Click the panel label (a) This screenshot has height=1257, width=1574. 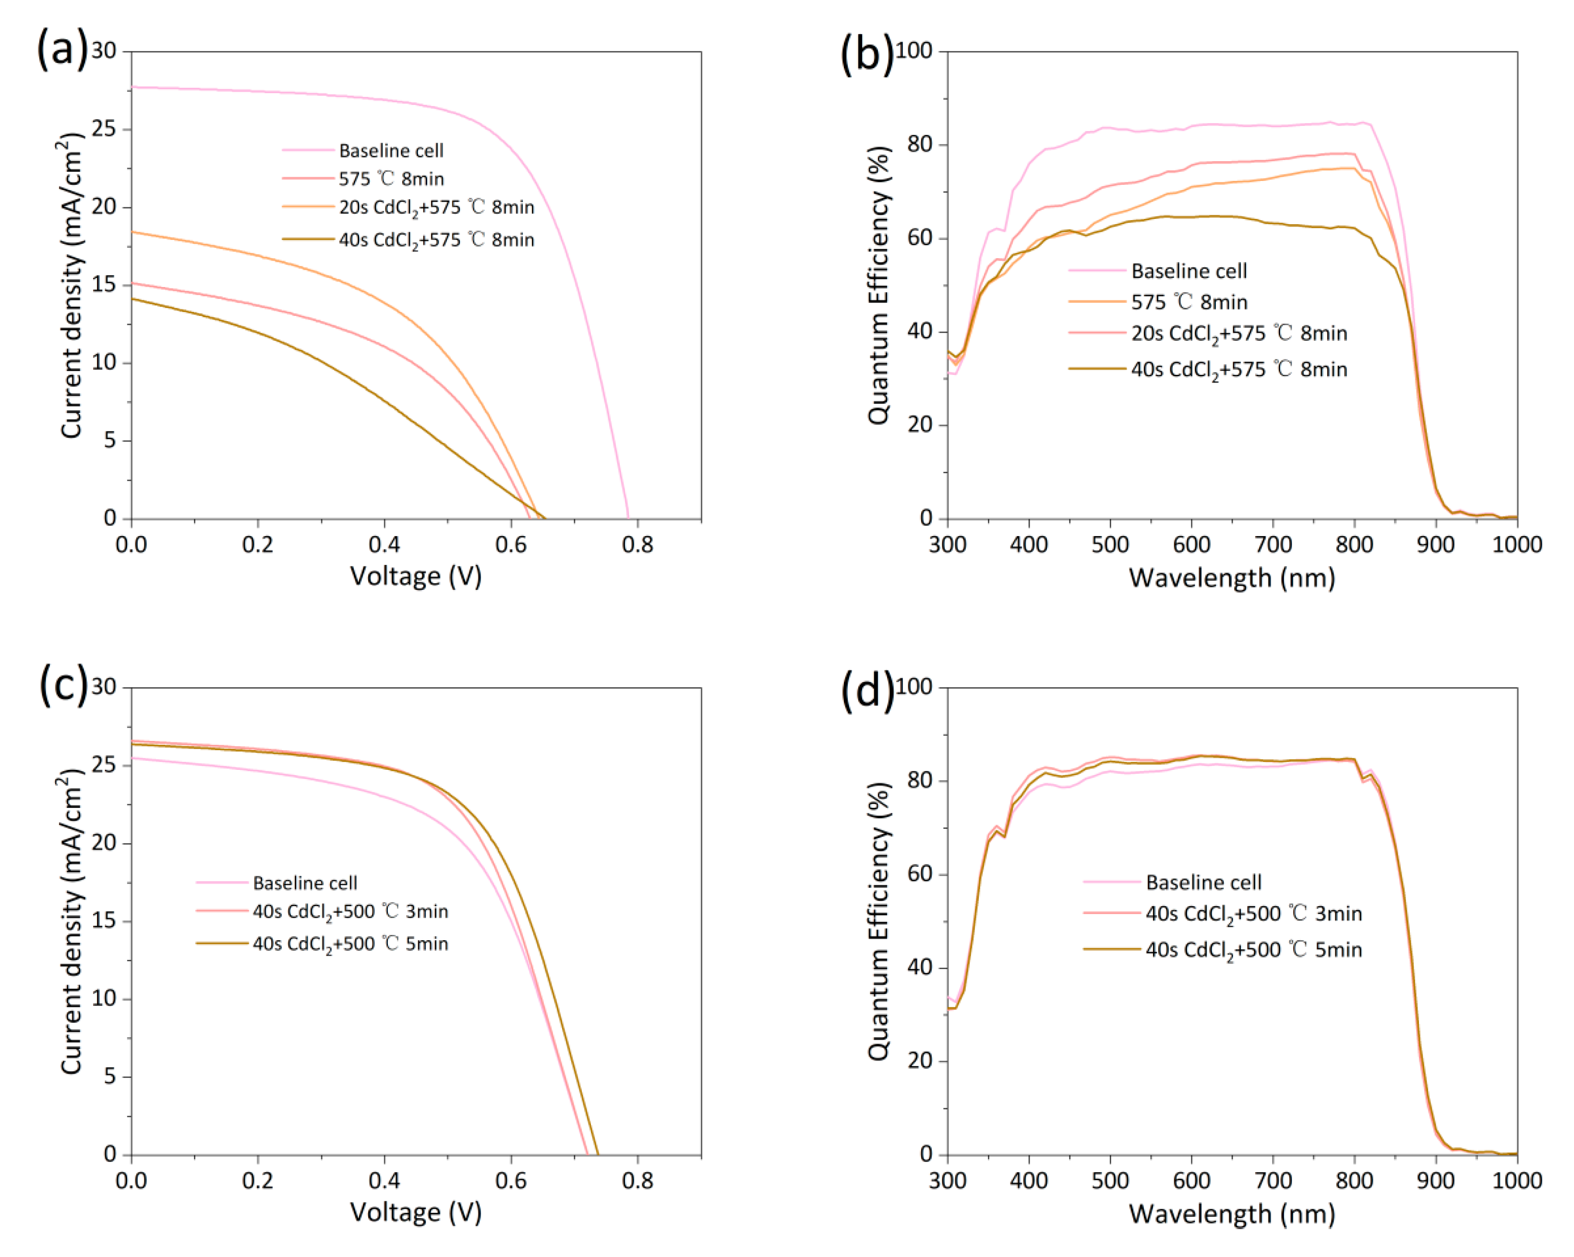tap(61, 49)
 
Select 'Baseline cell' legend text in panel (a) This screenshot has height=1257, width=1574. tap(391, 150)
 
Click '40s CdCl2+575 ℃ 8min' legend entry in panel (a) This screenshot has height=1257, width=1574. tap(436, 240)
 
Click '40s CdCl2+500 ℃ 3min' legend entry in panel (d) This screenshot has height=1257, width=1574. tap(1253, 913)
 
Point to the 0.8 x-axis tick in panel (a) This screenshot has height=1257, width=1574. tap(637, 545)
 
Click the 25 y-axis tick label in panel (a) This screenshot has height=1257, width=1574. tap(104, 129)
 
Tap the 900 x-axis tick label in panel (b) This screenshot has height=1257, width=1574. tap(1435, 545)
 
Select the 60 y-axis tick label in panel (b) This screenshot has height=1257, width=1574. tap(920, 238)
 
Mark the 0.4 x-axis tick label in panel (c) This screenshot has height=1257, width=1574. tap(384, 1180)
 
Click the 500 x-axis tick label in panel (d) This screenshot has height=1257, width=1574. tap(1110, 1180)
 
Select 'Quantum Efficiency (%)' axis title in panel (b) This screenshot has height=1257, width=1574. tap(878, 285)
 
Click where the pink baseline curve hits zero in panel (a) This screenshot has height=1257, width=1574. tap(628, 517)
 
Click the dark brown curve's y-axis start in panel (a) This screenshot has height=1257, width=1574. tap(132, 299)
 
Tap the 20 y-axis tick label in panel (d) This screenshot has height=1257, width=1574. tap(920, 1061)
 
